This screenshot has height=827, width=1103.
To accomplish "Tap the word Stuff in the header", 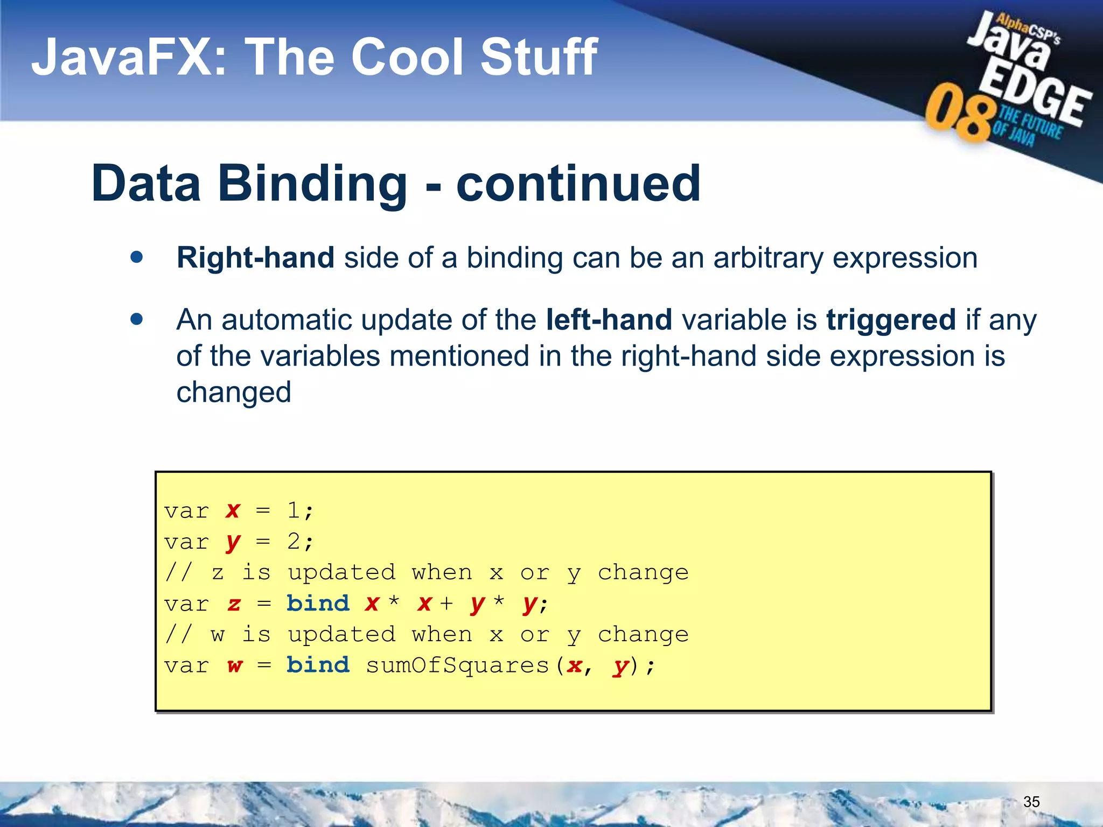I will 539,58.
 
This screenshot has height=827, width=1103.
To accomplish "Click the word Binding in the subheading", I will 312,184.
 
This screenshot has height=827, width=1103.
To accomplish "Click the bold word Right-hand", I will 255,258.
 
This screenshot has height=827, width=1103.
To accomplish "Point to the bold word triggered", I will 891,320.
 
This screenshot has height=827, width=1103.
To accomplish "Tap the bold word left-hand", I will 609,320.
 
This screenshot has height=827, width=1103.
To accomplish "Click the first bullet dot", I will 137,257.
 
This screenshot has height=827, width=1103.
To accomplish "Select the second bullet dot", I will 137,319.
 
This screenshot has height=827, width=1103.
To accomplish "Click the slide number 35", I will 1031,802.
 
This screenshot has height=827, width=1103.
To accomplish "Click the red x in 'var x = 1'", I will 233,510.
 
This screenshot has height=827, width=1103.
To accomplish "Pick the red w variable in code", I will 234,666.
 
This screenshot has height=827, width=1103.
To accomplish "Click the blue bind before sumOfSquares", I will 318,665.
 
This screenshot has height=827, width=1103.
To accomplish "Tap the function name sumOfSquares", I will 457,666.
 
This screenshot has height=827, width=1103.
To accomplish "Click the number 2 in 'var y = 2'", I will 294,541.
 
